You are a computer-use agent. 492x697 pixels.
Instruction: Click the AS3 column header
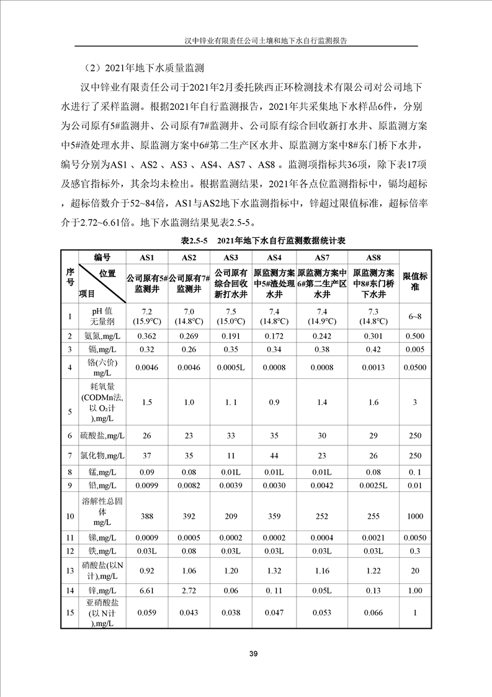click(x=231, y=257)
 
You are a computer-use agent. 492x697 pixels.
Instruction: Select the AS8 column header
click(x=373, y=257)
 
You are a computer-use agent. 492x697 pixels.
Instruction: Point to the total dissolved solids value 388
click(x=146, y=516)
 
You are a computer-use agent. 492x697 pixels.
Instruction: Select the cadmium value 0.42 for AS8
click(x=373, y=349)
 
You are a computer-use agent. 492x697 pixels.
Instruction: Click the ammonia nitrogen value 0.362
click(x=146, y=335)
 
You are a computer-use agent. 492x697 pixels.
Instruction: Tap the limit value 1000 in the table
click(x=415, y=516)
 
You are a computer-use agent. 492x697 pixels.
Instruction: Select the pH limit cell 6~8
click(x=415, y=316)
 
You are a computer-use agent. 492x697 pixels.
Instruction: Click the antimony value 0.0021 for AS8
click(x=373, y=537)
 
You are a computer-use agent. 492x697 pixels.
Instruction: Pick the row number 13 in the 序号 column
click(x=69, y=570)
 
